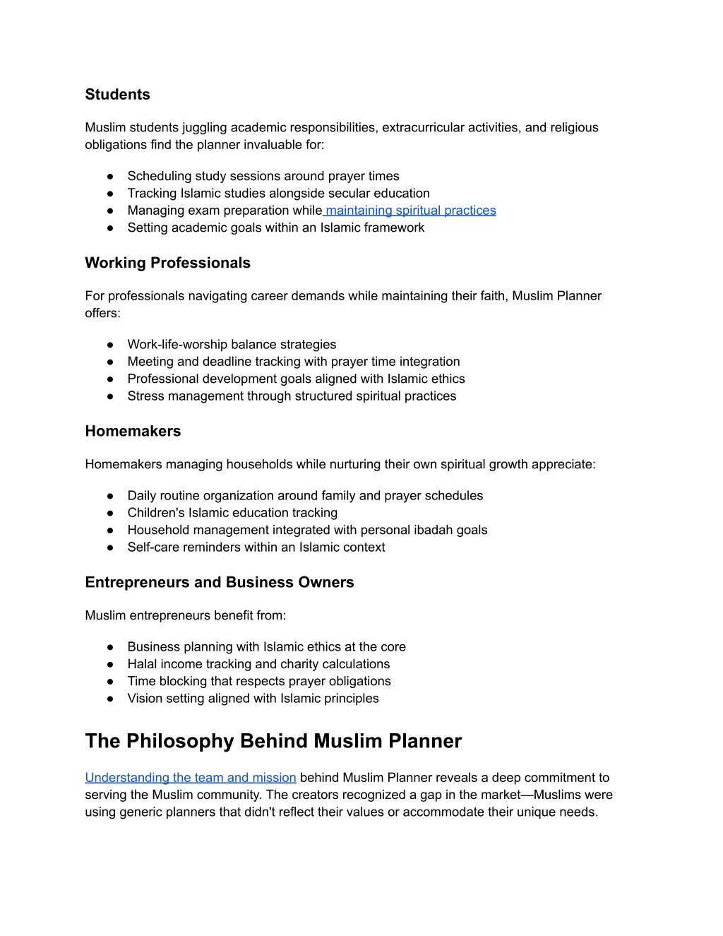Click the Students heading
coord(117,95)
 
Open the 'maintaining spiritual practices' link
coord(410,211)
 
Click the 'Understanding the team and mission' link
coord(191,778)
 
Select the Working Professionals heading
coord(167,263)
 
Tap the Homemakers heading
coord(133,431)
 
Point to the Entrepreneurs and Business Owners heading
coord(219,582)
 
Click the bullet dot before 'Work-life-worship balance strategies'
coord(111,345)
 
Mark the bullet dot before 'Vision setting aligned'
coord(111,699)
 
